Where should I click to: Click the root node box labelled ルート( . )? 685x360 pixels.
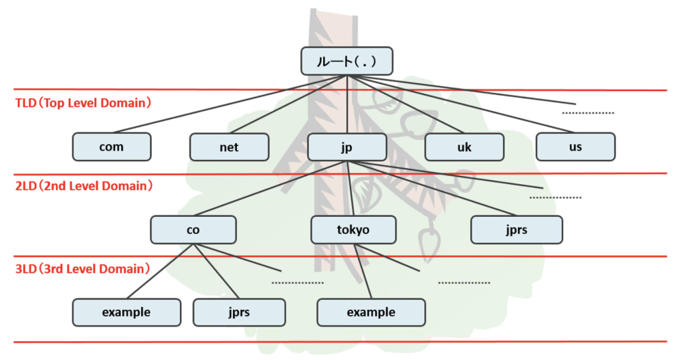(x=346, y=61)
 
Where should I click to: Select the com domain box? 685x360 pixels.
(x=111, y=147)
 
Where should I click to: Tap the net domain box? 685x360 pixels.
(x=229, y=147)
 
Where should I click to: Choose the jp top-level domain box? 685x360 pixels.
(x=347, y=147)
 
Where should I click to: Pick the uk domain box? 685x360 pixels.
(x=464, y=147)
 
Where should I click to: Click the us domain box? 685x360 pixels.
(x=575, y=147)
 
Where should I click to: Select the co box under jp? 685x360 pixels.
(x=193, y=230)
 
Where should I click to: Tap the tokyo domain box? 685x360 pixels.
(x=353, y=230)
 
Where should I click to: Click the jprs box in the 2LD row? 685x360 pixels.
(x=516, y=230)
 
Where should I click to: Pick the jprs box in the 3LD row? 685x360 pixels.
(x=239, y=312)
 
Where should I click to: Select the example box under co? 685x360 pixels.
(x=126, y=312)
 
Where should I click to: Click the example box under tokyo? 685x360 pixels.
(x=371, y=312)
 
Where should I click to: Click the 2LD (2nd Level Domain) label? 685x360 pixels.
(x=80, y=186)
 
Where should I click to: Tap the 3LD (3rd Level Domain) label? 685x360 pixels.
(x=80, y=269)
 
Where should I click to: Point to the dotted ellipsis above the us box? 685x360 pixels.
(x=587, y=113)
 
